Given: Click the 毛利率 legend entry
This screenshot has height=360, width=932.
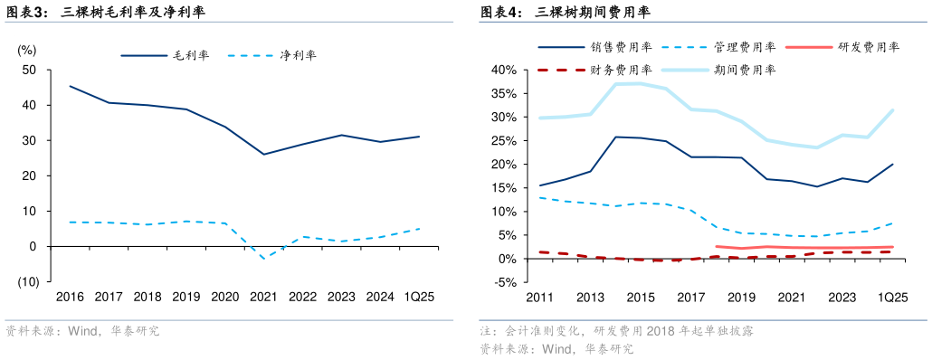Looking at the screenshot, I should click(x=191, y=55).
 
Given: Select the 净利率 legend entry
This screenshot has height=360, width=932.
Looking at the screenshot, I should click(x=298, y=55).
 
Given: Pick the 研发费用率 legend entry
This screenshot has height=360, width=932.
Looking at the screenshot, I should click(x=868, y=47).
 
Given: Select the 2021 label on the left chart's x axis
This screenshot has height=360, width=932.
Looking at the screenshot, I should click(x=263, y=297).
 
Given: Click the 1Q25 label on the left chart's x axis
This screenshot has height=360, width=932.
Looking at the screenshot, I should click(x=418, y=297).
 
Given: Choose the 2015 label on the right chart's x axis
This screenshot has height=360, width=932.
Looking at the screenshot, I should click(x=641, y=297).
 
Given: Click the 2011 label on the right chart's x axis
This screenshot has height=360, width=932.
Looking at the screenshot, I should click(x=539, y=297).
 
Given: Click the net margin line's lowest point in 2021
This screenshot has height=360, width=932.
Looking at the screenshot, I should click(x=263, y=259).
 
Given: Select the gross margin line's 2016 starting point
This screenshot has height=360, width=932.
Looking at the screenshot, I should click(x=70, y=86).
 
